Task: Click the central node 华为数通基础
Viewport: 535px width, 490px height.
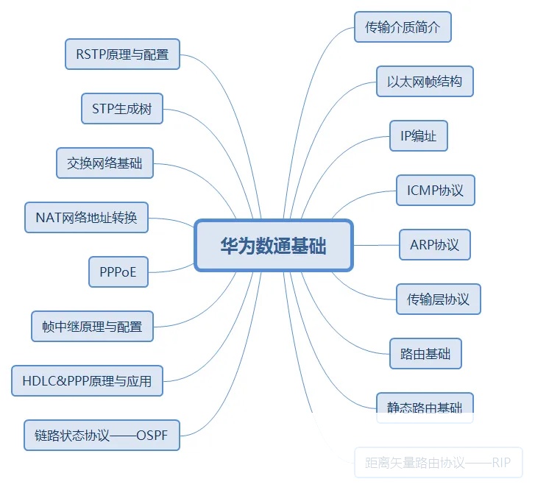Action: pos(274,246)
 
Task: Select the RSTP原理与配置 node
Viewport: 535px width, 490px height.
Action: pos(122,54)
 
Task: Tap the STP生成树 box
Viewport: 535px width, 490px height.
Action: pos(121,109)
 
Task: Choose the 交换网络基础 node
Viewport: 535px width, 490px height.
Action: pos(104,163)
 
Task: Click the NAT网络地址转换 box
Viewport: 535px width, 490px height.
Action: pos(86,218)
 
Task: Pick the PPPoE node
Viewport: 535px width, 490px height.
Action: pos(118,272)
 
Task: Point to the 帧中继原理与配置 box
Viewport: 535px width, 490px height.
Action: pos(92,326)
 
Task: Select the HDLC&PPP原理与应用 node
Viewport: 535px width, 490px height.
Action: pos(87,380)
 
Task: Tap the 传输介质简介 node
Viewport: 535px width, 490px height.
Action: pos(403,27)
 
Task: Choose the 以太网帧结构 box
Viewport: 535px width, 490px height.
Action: pos(425,82)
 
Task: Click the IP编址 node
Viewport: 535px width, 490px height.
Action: pos(419,136)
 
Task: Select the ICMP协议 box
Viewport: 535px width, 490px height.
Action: pos(436,191)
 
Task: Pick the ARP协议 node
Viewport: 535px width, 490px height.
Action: pos(434,245)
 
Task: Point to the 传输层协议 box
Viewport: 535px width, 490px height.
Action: pos(438,299)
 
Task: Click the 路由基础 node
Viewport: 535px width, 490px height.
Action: pos(425,354)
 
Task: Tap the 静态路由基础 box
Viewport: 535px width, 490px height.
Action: pos(425,407)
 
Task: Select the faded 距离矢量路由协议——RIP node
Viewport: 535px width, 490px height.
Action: pos(438,463)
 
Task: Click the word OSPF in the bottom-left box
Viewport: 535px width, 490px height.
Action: pos(152,435)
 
